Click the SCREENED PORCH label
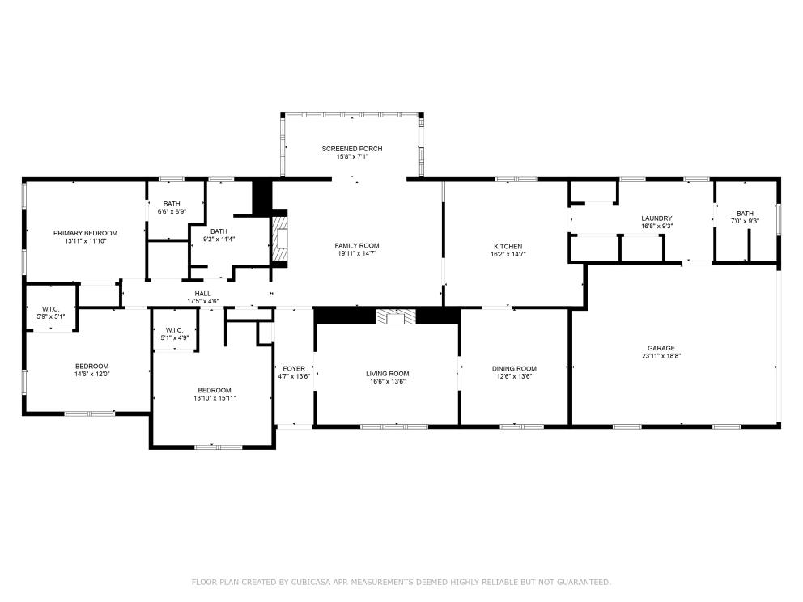(x=352, y=149)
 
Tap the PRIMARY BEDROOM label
(x=86, y=233)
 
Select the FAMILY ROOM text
(x=357, y=246)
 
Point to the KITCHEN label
(x=508, y=247)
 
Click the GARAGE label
(x=661, y=348)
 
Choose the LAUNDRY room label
(x=656, y=218)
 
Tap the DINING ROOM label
(x=514, y=369)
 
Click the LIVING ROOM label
(x=387, y=374)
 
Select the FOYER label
(x=294, y=369)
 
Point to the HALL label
(x=203, y=294)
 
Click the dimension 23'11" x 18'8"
(x=661, y=356)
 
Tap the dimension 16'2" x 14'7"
(x=508, y=254)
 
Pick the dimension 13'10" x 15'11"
(x=215, y=398)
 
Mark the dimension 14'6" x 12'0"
(x=92, y=374)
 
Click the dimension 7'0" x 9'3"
(x=745, y=222)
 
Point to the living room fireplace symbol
(x=396, y=317)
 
